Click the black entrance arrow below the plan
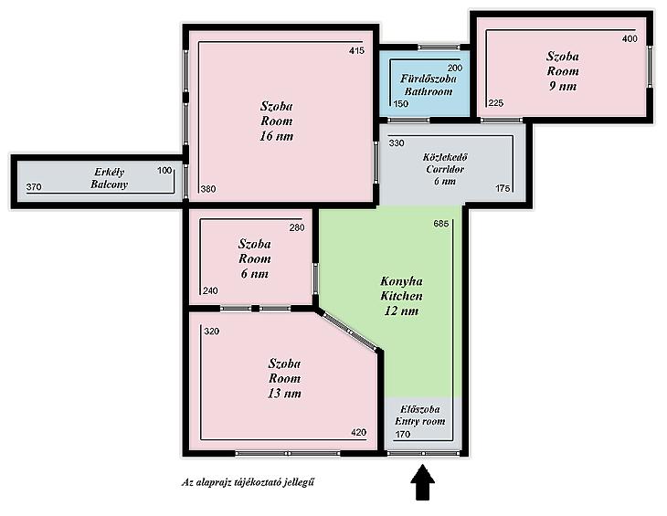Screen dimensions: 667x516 coord(422,482)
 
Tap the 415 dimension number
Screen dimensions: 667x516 coord(356,50)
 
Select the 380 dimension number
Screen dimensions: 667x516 coord(208,189)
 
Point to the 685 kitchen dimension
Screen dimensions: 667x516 coord(441,224)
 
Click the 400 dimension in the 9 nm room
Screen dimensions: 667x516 coord(630,38)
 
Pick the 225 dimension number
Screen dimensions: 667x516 coord(496,103)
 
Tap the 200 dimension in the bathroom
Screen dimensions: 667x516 coord(455,68)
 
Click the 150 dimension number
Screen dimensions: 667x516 coord(401,104)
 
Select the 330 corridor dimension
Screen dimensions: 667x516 coord(397,143)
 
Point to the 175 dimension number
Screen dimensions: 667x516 coord(503,188)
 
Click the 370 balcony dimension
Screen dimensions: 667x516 coord(34,187)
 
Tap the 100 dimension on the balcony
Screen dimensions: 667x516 coord(164,171)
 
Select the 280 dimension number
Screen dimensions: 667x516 coord(297,227)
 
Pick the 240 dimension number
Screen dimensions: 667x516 coord(210,290)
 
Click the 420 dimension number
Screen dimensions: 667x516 coord(358,432)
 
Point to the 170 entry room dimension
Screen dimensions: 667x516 coord(402,434)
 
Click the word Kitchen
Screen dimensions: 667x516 coord(401,296)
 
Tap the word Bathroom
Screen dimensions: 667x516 coord(429,91)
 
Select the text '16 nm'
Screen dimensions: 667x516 coord(277,136)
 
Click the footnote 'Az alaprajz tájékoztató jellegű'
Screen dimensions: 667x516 coord(248,482)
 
